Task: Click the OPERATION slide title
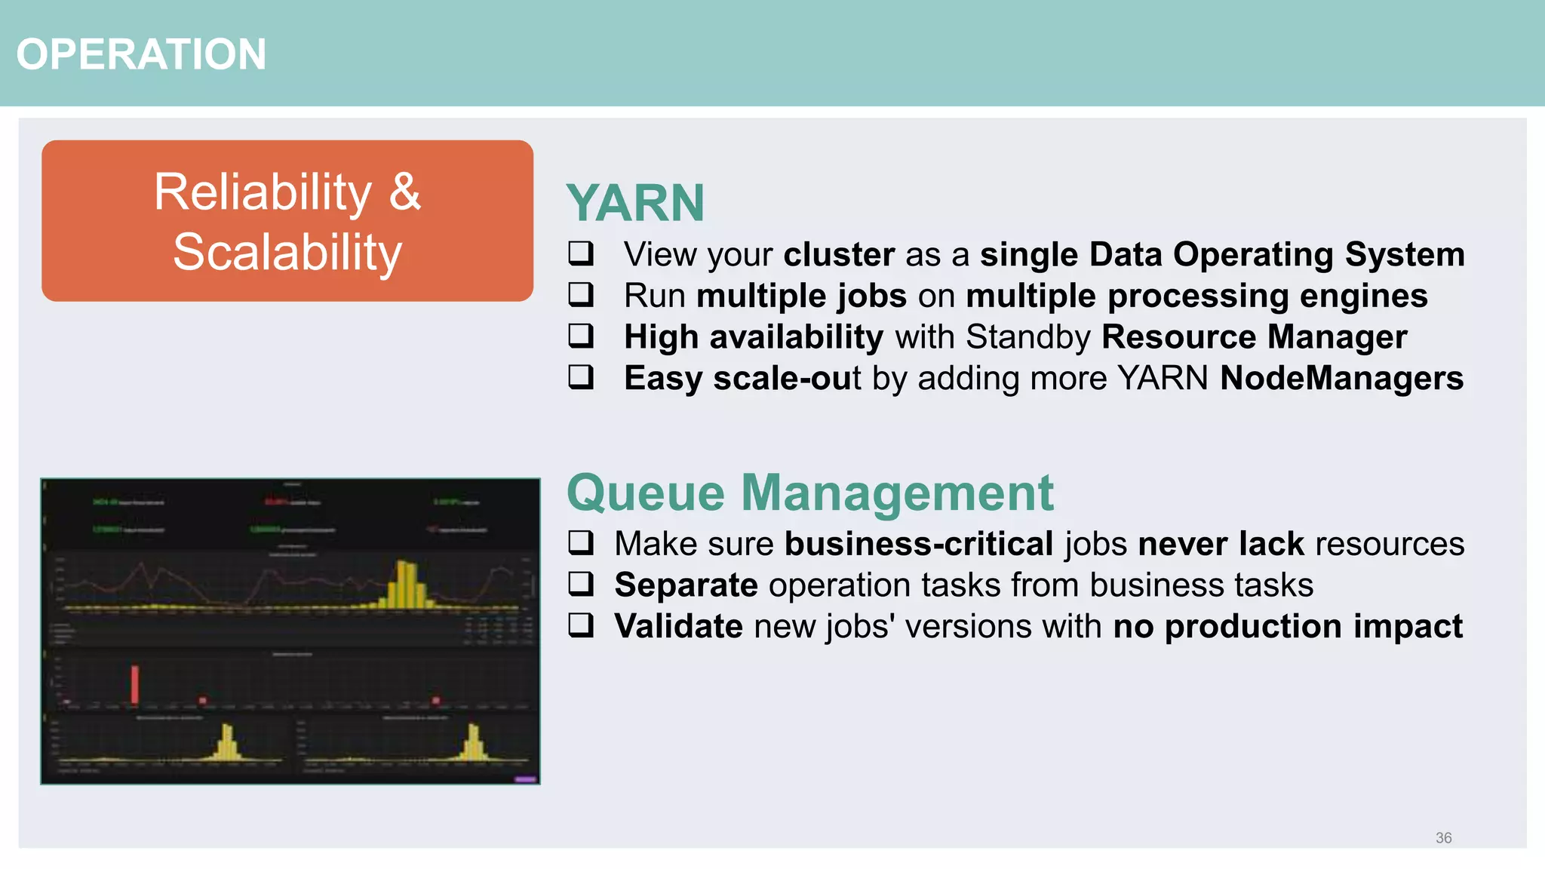(141, 54)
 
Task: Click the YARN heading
(635, 203)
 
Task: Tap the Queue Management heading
(809, 493)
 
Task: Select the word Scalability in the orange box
(287, 252)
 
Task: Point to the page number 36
(1443, 837)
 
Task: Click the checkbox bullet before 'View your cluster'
(581, 253)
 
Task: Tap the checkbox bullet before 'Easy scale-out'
(581, 376)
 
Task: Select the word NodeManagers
(1341, 378)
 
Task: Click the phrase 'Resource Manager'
(1254, 336)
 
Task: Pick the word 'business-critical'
(918, 544)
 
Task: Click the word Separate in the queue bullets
(686, 585)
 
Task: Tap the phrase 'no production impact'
(1287, 626)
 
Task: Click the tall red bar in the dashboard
(135, 683)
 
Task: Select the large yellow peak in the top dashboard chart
(407, 584)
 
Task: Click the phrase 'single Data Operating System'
(1221, 254)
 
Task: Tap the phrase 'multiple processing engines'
(1196, 296)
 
